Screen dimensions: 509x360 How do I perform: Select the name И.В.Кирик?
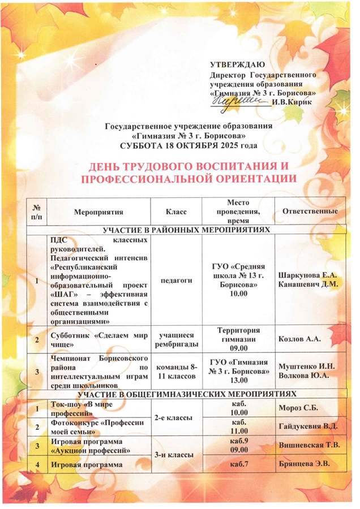(290, 102)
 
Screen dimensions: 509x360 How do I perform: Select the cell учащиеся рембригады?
(176, 339)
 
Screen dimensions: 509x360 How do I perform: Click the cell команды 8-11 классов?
(176, 369)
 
